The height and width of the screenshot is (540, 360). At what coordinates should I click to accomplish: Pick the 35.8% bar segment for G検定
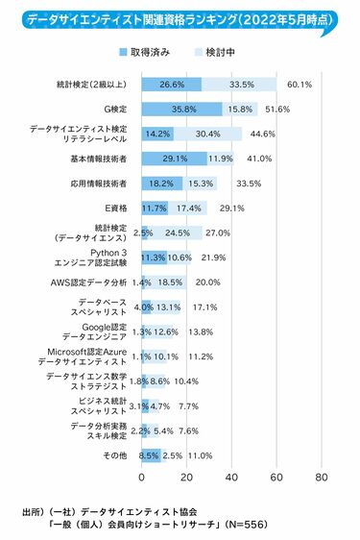point(181,109)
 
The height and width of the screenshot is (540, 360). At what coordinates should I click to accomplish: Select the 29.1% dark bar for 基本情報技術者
point(174,158)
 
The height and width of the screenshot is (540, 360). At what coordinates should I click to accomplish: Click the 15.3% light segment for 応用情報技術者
point(200,183)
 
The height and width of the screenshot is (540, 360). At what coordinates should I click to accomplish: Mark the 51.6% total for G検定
point(279,109)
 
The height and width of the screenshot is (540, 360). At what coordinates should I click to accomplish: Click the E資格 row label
point(116,208)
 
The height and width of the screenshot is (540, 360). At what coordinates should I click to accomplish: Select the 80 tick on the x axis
point(321,478)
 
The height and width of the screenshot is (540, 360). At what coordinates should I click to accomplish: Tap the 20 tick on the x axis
point(186,478)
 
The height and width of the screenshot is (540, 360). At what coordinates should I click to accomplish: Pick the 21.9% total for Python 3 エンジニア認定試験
point(213,258)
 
